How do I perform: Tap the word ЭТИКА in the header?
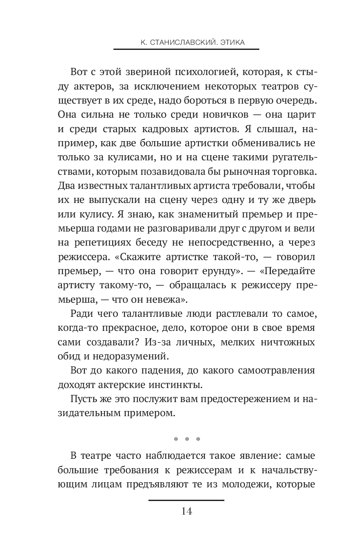point(232,43)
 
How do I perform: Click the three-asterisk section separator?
point(186,439)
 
